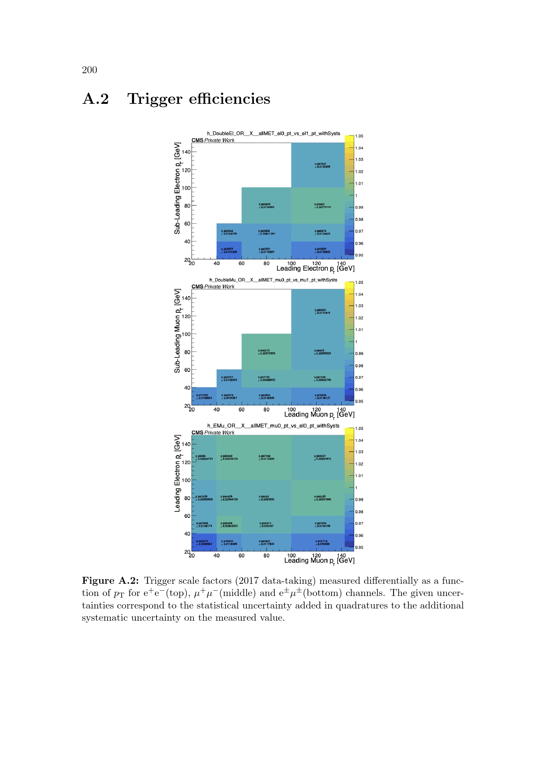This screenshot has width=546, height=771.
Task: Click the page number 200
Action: click(89, 70)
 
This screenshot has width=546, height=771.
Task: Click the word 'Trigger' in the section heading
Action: click(154, 99)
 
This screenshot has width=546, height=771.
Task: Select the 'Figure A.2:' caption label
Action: click(110, 580)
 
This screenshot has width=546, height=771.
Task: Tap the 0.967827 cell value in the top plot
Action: click(321, 164)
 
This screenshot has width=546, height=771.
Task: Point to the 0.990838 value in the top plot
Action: click(264, 204)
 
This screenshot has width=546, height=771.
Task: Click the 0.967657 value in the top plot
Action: click(227, 249)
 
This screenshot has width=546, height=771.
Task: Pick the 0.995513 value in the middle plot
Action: click(264, 350)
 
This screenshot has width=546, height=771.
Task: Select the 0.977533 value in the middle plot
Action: click(202, 395)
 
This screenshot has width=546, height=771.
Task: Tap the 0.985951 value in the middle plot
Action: click(321, 310)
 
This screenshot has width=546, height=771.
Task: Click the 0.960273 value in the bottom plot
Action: click(202, 541)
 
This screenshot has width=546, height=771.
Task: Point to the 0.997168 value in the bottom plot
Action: click(265, 456)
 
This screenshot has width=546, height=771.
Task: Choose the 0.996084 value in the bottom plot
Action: click(226, 523)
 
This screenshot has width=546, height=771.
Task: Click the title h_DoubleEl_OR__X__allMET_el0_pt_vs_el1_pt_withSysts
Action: click(273, 133)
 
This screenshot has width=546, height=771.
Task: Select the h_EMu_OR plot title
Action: click(273, 426)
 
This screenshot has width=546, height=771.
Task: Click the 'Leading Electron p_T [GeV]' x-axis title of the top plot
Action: click(315, 268)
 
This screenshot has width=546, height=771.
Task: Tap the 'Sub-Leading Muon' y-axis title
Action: click(177, 330)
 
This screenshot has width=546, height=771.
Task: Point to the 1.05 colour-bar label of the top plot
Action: click(359, 136)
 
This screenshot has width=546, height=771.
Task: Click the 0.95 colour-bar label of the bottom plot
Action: click(359, 547)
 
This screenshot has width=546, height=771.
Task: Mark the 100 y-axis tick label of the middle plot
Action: click(186, 334)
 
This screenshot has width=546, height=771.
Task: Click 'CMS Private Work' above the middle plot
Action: click(213, 286)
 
